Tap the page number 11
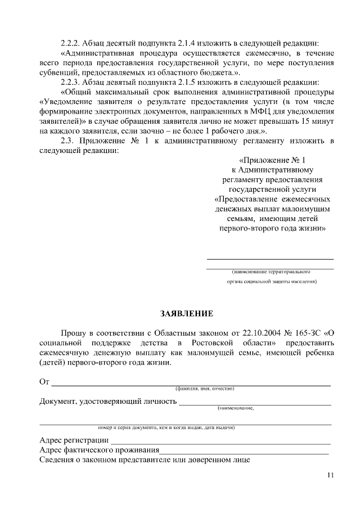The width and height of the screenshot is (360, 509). pos(330,476)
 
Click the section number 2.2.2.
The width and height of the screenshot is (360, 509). pos(73,43)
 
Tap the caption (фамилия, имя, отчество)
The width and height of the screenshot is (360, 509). pos(204,389)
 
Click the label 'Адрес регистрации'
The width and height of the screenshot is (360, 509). pos(74,440)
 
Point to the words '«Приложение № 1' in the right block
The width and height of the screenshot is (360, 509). pos(272,159)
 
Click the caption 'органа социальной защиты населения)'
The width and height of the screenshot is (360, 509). pos(272,281)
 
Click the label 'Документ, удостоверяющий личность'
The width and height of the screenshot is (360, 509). pos(107,402)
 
